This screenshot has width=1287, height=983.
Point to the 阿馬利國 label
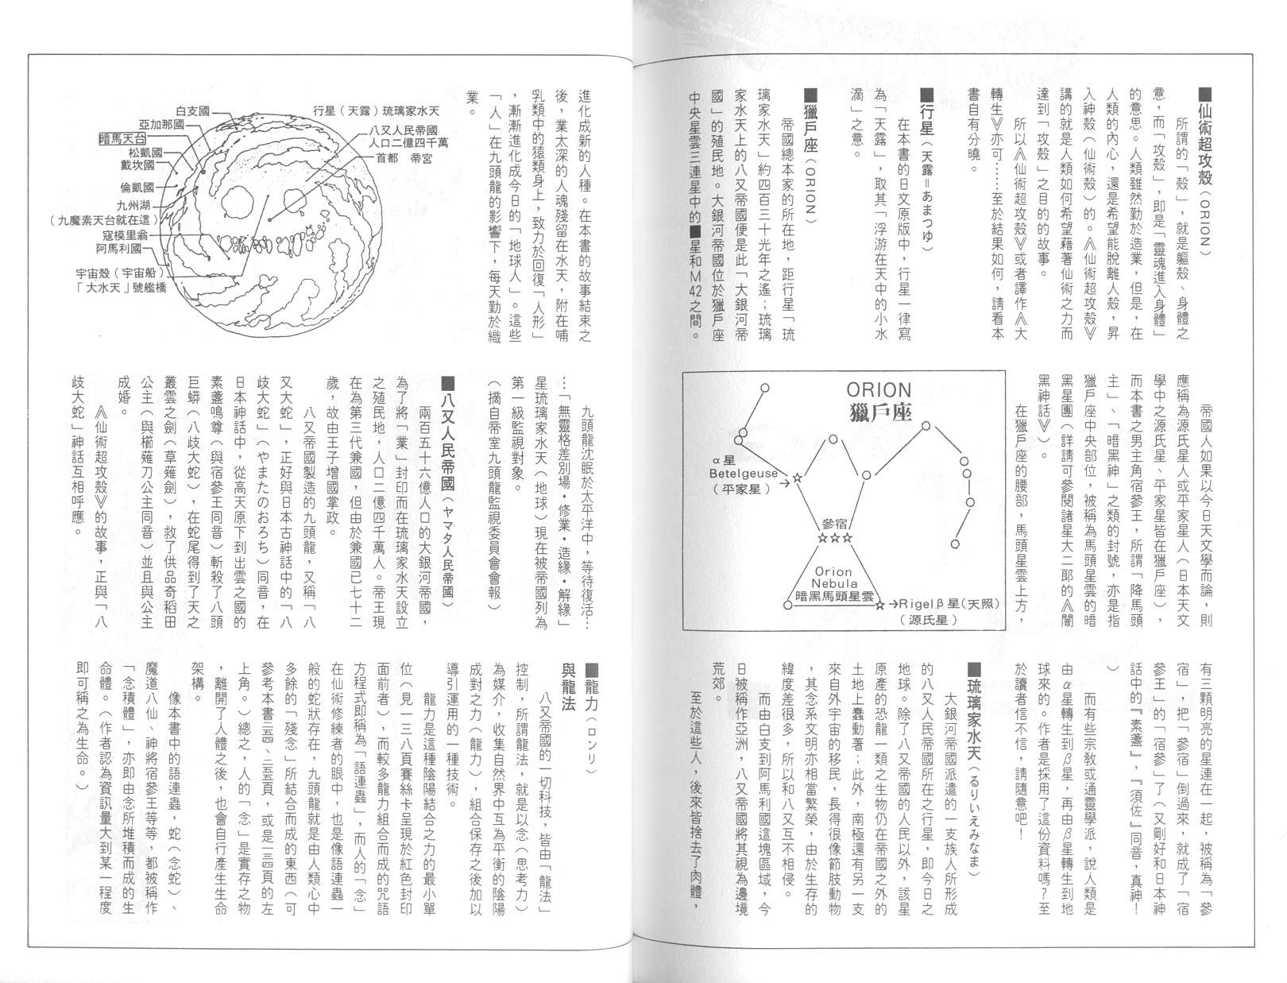(x=118, y=248)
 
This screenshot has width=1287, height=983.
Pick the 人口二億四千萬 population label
(x=408, y=143)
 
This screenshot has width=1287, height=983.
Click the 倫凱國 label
(x=137, y=188)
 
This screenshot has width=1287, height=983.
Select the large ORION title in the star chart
(x=879, y=389)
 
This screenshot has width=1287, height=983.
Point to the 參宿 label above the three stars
(x=834, y=524)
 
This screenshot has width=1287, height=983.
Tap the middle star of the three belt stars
(x=834, y=539)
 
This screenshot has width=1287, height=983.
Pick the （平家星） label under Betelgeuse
(x=740, y=489)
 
